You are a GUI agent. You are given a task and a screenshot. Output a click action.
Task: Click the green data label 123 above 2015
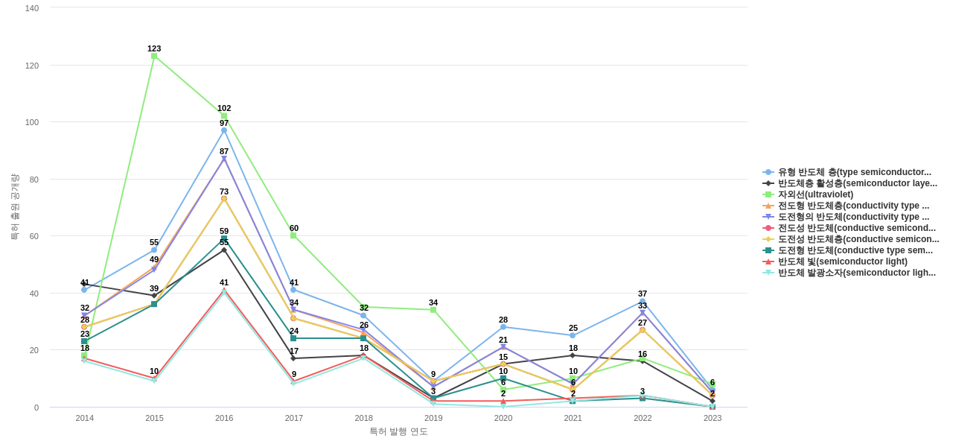(x=154, y=48)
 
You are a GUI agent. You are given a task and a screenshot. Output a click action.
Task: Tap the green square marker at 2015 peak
(x=154, y=56)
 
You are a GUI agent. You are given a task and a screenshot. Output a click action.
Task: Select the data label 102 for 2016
(x=224, y=108)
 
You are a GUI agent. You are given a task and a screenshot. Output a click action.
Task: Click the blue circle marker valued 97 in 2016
(x=224, y=130)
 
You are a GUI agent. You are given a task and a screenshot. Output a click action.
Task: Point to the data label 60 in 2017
(x=294, y=228)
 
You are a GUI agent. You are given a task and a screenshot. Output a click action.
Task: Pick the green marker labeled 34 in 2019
(x=433, y=310)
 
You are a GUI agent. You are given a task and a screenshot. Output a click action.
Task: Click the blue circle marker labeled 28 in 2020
(x=503, y=327)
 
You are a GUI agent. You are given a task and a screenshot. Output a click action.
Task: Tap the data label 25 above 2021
(x=573, y=328)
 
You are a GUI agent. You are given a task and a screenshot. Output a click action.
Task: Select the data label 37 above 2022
(x=643, y=294)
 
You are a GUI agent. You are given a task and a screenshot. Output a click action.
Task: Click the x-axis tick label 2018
(x=363, y=418)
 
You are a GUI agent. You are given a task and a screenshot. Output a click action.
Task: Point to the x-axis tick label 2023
(x=713, y=418)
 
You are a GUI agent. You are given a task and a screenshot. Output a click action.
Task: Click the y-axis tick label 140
(x=32, y=8)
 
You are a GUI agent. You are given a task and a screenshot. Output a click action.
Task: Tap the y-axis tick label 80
(x=32, y=180)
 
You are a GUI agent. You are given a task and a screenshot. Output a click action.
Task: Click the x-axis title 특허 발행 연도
(x=398, y=431)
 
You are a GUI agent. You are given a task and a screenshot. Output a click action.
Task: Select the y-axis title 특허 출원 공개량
(x=14, y=206)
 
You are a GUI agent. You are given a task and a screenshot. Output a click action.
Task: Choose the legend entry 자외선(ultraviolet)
(x=815, y=194)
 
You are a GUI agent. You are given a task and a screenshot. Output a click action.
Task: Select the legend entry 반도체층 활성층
(x=857, y=183)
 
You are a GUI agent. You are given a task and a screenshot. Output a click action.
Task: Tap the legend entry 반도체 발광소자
(x=856, y=273)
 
